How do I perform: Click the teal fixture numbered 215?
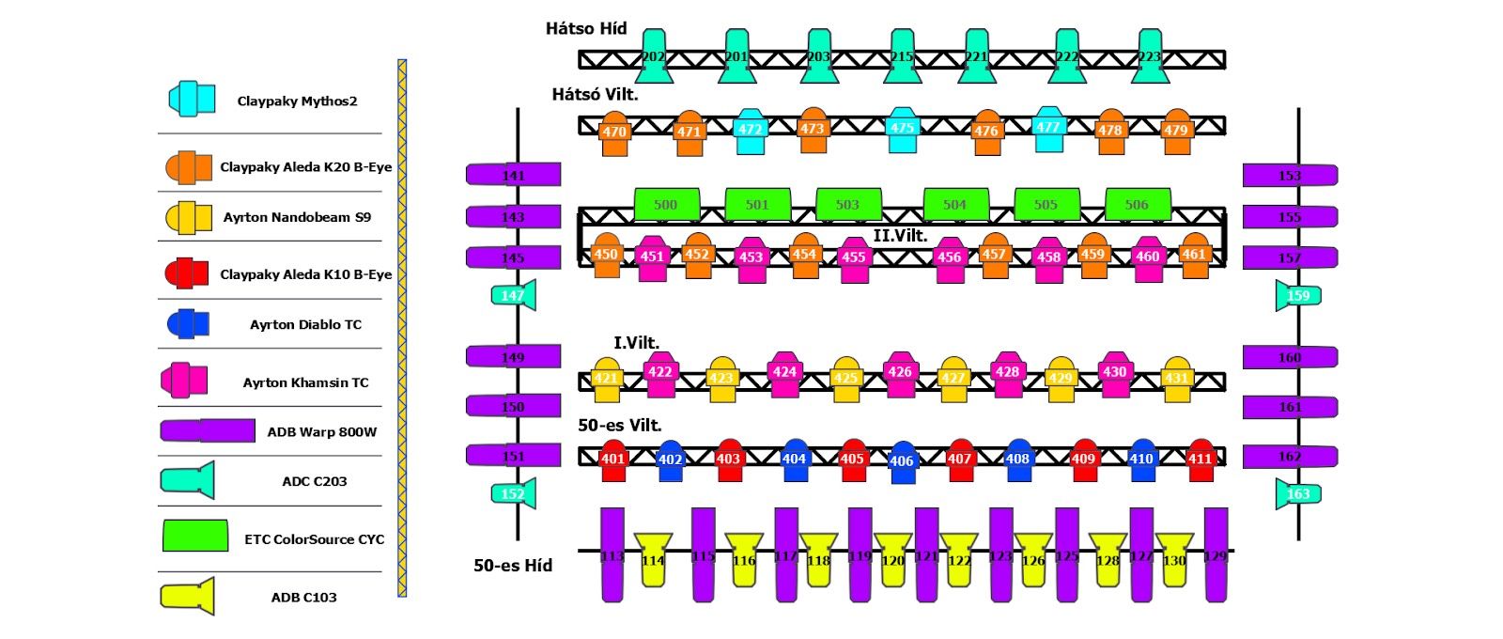click(x=902, y=56)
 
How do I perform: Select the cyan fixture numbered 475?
click(x=902, y=130)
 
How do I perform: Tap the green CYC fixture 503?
click(x=848, y=204)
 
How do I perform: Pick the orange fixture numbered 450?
click(x=607, y=255)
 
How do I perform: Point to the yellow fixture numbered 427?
click(x=953, y=378)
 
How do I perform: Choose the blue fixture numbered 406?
click(x=902, y=461)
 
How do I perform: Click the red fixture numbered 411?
click(x=1201, y=460)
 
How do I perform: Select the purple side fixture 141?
click(x=514, y=175)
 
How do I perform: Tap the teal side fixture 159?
click(x=1298, y=295)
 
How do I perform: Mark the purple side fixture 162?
click(x=1290, y=457)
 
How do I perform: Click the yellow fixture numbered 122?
click(x=959, y=559)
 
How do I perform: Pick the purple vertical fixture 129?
click(x=1216, y=554)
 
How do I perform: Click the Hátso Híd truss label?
click(x=586, y=29)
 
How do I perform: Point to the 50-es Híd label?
click(x=513, y=565)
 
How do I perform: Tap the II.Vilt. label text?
click(x=900, y=235)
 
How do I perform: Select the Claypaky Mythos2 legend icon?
click(x=192, y=99)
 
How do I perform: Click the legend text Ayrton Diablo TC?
click(x=305, y=324)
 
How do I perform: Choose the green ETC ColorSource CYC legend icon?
click(x=195, y=536)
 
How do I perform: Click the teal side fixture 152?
click(x=514, y=493)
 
